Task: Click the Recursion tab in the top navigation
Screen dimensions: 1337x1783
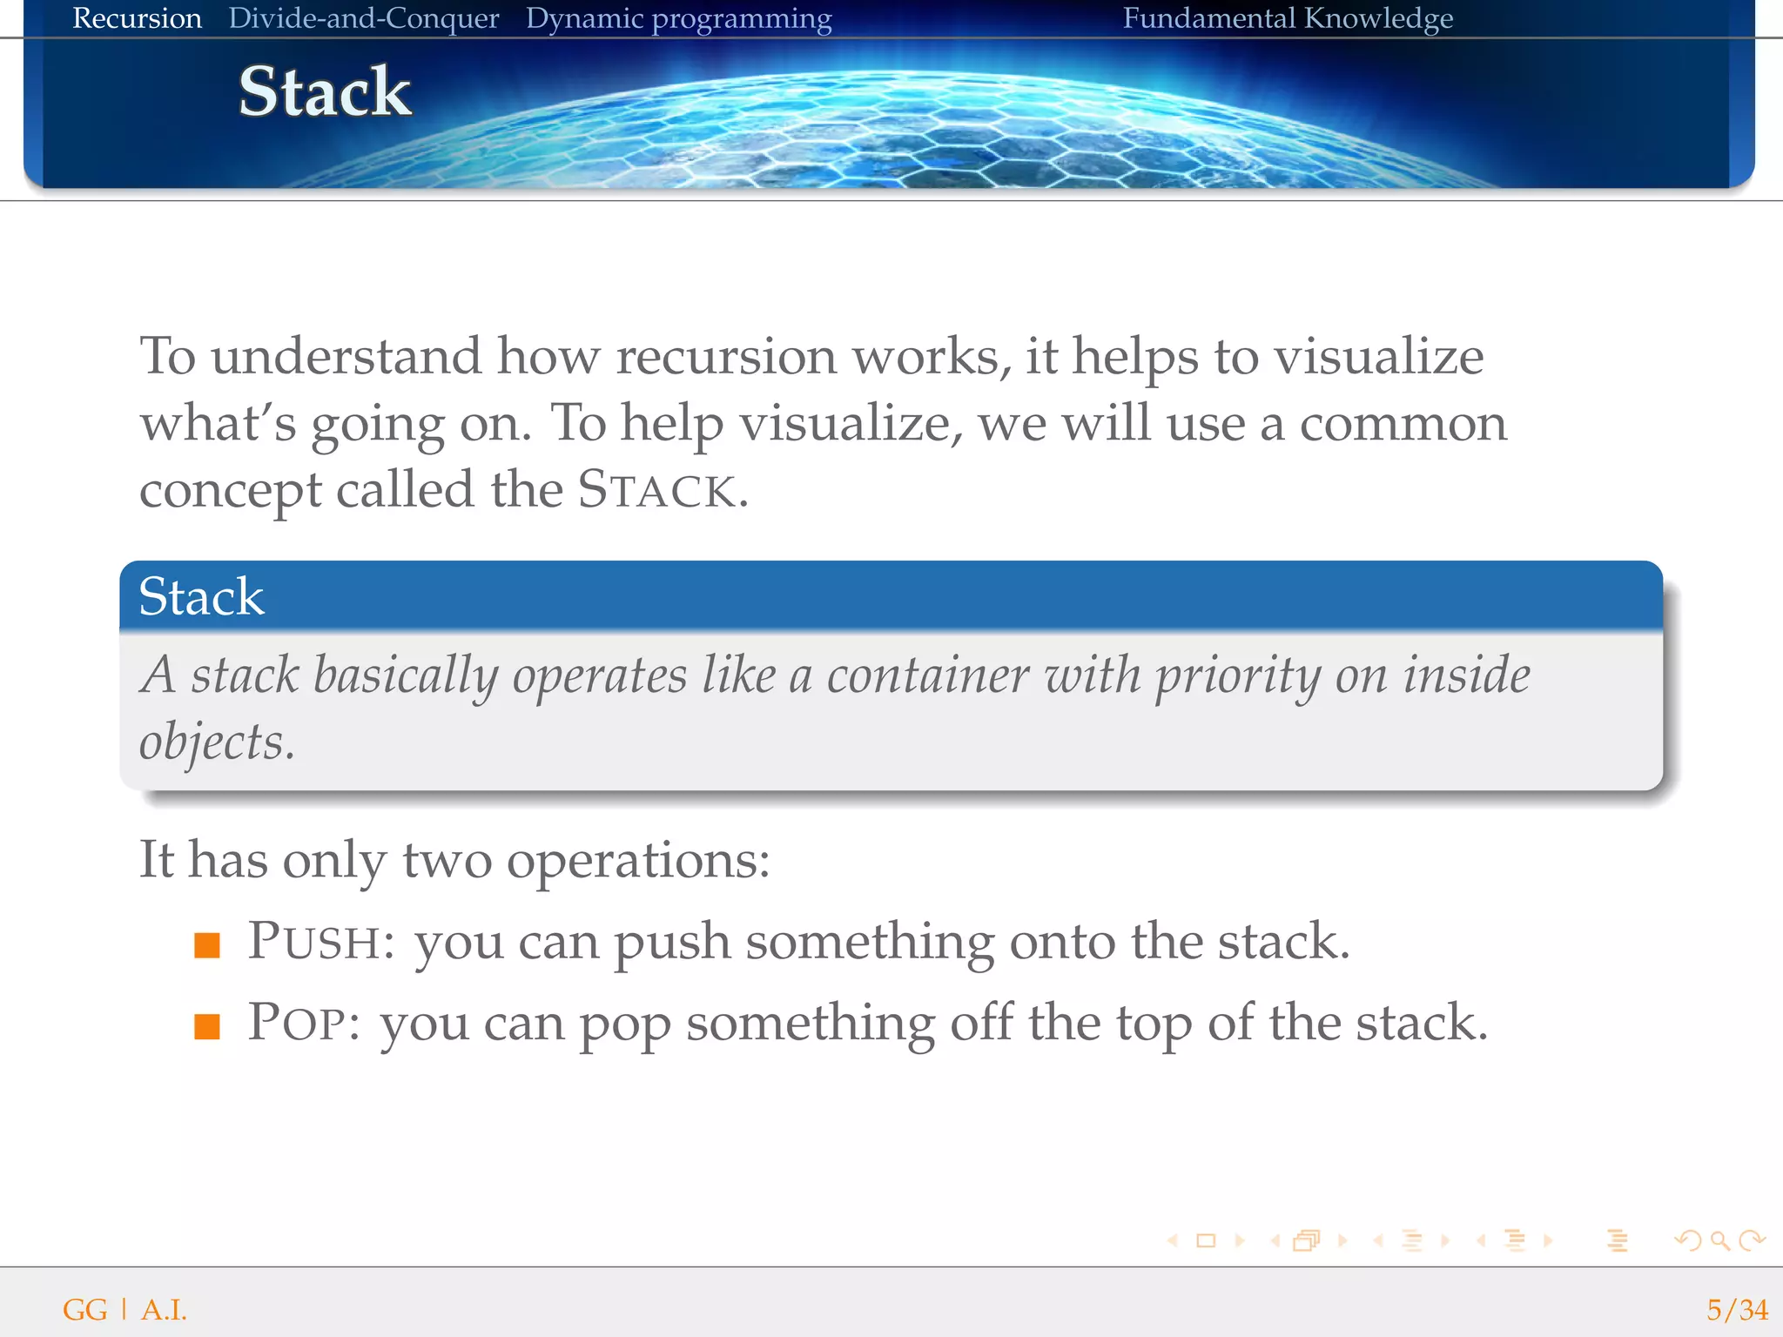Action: (137, 18)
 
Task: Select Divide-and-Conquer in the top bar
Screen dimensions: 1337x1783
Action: (363, 18)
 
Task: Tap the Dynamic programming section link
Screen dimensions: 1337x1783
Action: (678, 19)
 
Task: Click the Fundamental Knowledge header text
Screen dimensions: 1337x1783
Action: (1287, 18)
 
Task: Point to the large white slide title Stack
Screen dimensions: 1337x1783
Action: (325, 91)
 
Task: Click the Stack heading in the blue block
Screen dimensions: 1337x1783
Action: (201, 597)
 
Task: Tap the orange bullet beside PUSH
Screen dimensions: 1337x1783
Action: (207, 945)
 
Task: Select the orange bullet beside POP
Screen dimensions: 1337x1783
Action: (207, 1026)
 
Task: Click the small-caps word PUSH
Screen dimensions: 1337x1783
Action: (313, 942)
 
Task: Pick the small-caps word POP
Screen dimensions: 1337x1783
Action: (296, 1023)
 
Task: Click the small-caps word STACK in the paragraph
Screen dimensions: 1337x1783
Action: (657, 490)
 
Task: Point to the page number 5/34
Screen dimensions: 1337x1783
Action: (1736, 1309)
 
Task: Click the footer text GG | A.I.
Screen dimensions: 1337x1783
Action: (124, 1309)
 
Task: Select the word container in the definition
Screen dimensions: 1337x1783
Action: (927, 676)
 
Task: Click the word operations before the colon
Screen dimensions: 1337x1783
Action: (631, 861)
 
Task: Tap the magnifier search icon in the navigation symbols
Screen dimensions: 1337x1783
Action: (1719, 1240)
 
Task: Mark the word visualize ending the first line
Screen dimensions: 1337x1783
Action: (1378, 357)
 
